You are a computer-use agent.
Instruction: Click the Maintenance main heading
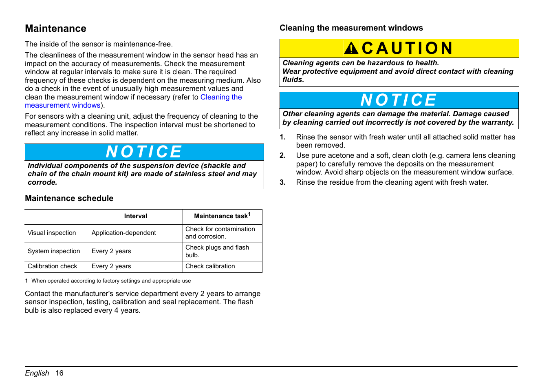(55, 29)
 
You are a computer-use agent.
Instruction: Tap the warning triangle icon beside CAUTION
(351, 49)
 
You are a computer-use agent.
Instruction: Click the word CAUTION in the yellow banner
(407, 49)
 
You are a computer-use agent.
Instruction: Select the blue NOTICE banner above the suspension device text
(144, 152)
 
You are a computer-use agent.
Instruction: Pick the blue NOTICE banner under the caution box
(399, 100)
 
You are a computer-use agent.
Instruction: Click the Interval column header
(136, 216)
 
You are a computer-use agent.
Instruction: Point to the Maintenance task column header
(222, 216)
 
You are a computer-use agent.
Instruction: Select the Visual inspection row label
(52, 233)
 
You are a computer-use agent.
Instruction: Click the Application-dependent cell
(123, 233)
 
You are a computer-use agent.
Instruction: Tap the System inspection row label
(54, 251)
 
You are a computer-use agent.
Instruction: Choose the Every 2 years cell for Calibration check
(111, 266)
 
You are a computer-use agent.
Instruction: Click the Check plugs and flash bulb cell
(217, 251)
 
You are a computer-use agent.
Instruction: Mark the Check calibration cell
(210, 266)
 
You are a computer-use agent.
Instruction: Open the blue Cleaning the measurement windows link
(221, 97)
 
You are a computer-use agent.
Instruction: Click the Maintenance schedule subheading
(69, 199)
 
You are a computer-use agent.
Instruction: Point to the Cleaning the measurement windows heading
(351, 28)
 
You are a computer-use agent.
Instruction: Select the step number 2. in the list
(283, 155)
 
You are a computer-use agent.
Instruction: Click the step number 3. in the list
(283, 182)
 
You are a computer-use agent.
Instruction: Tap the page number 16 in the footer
(60, 373)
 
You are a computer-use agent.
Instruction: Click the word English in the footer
(37, 373)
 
